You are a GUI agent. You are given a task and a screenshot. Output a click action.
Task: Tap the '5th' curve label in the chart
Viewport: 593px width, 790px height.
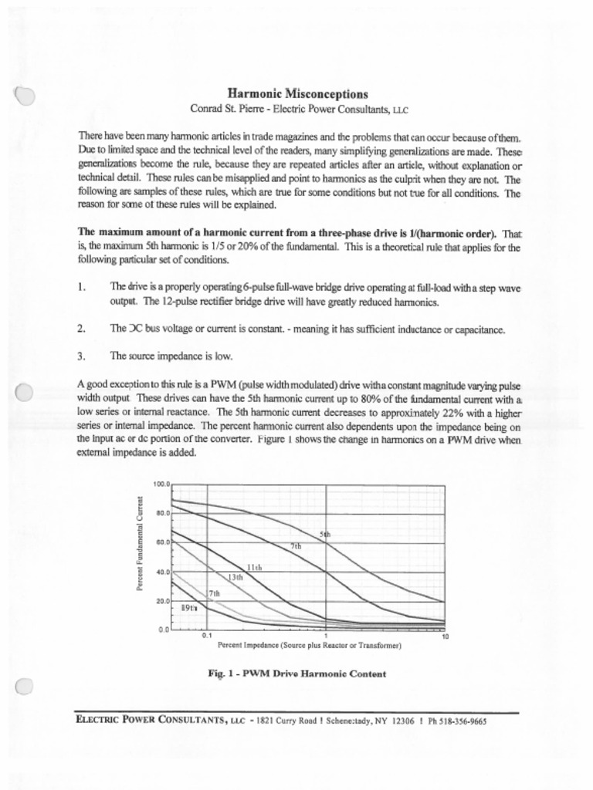click(x=325, y=534)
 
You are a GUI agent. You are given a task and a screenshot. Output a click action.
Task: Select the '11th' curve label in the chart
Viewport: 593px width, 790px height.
click(x=254, y=567)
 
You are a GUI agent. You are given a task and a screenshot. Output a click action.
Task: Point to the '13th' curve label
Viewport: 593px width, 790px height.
click(x=236, y=577)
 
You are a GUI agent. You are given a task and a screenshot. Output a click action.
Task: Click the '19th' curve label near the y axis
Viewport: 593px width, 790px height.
click(x=188, y=608)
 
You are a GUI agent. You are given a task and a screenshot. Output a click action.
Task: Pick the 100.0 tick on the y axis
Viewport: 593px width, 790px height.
click(x=161, y=484)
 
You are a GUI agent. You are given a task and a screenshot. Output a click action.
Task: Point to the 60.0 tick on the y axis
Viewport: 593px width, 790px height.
click(x=161, y=542)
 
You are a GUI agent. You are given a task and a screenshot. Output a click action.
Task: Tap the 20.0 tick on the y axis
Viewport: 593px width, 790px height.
click(x=161, y=601)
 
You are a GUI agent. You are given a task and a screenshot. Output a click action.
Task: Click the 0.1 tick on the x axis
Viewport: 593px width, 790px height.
click(x=206, y=636)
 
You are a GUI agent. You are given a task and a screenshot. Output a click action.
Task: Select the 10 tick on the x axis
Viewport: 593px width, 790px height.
click(x=445, y=636)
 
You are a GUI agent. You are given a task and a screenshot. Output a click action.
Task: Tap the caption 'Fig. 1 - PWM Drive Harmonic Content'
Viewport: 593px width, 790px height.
click(x=297, y=674)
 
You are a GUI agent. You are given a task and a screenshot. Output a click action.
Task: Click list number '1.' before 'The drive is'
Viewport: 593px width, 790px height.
click(x=82, y=287)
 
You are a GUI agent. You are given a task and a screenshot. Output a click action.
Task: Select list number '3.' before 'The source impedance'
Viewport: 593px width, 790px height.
click(x=82, y=356)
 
